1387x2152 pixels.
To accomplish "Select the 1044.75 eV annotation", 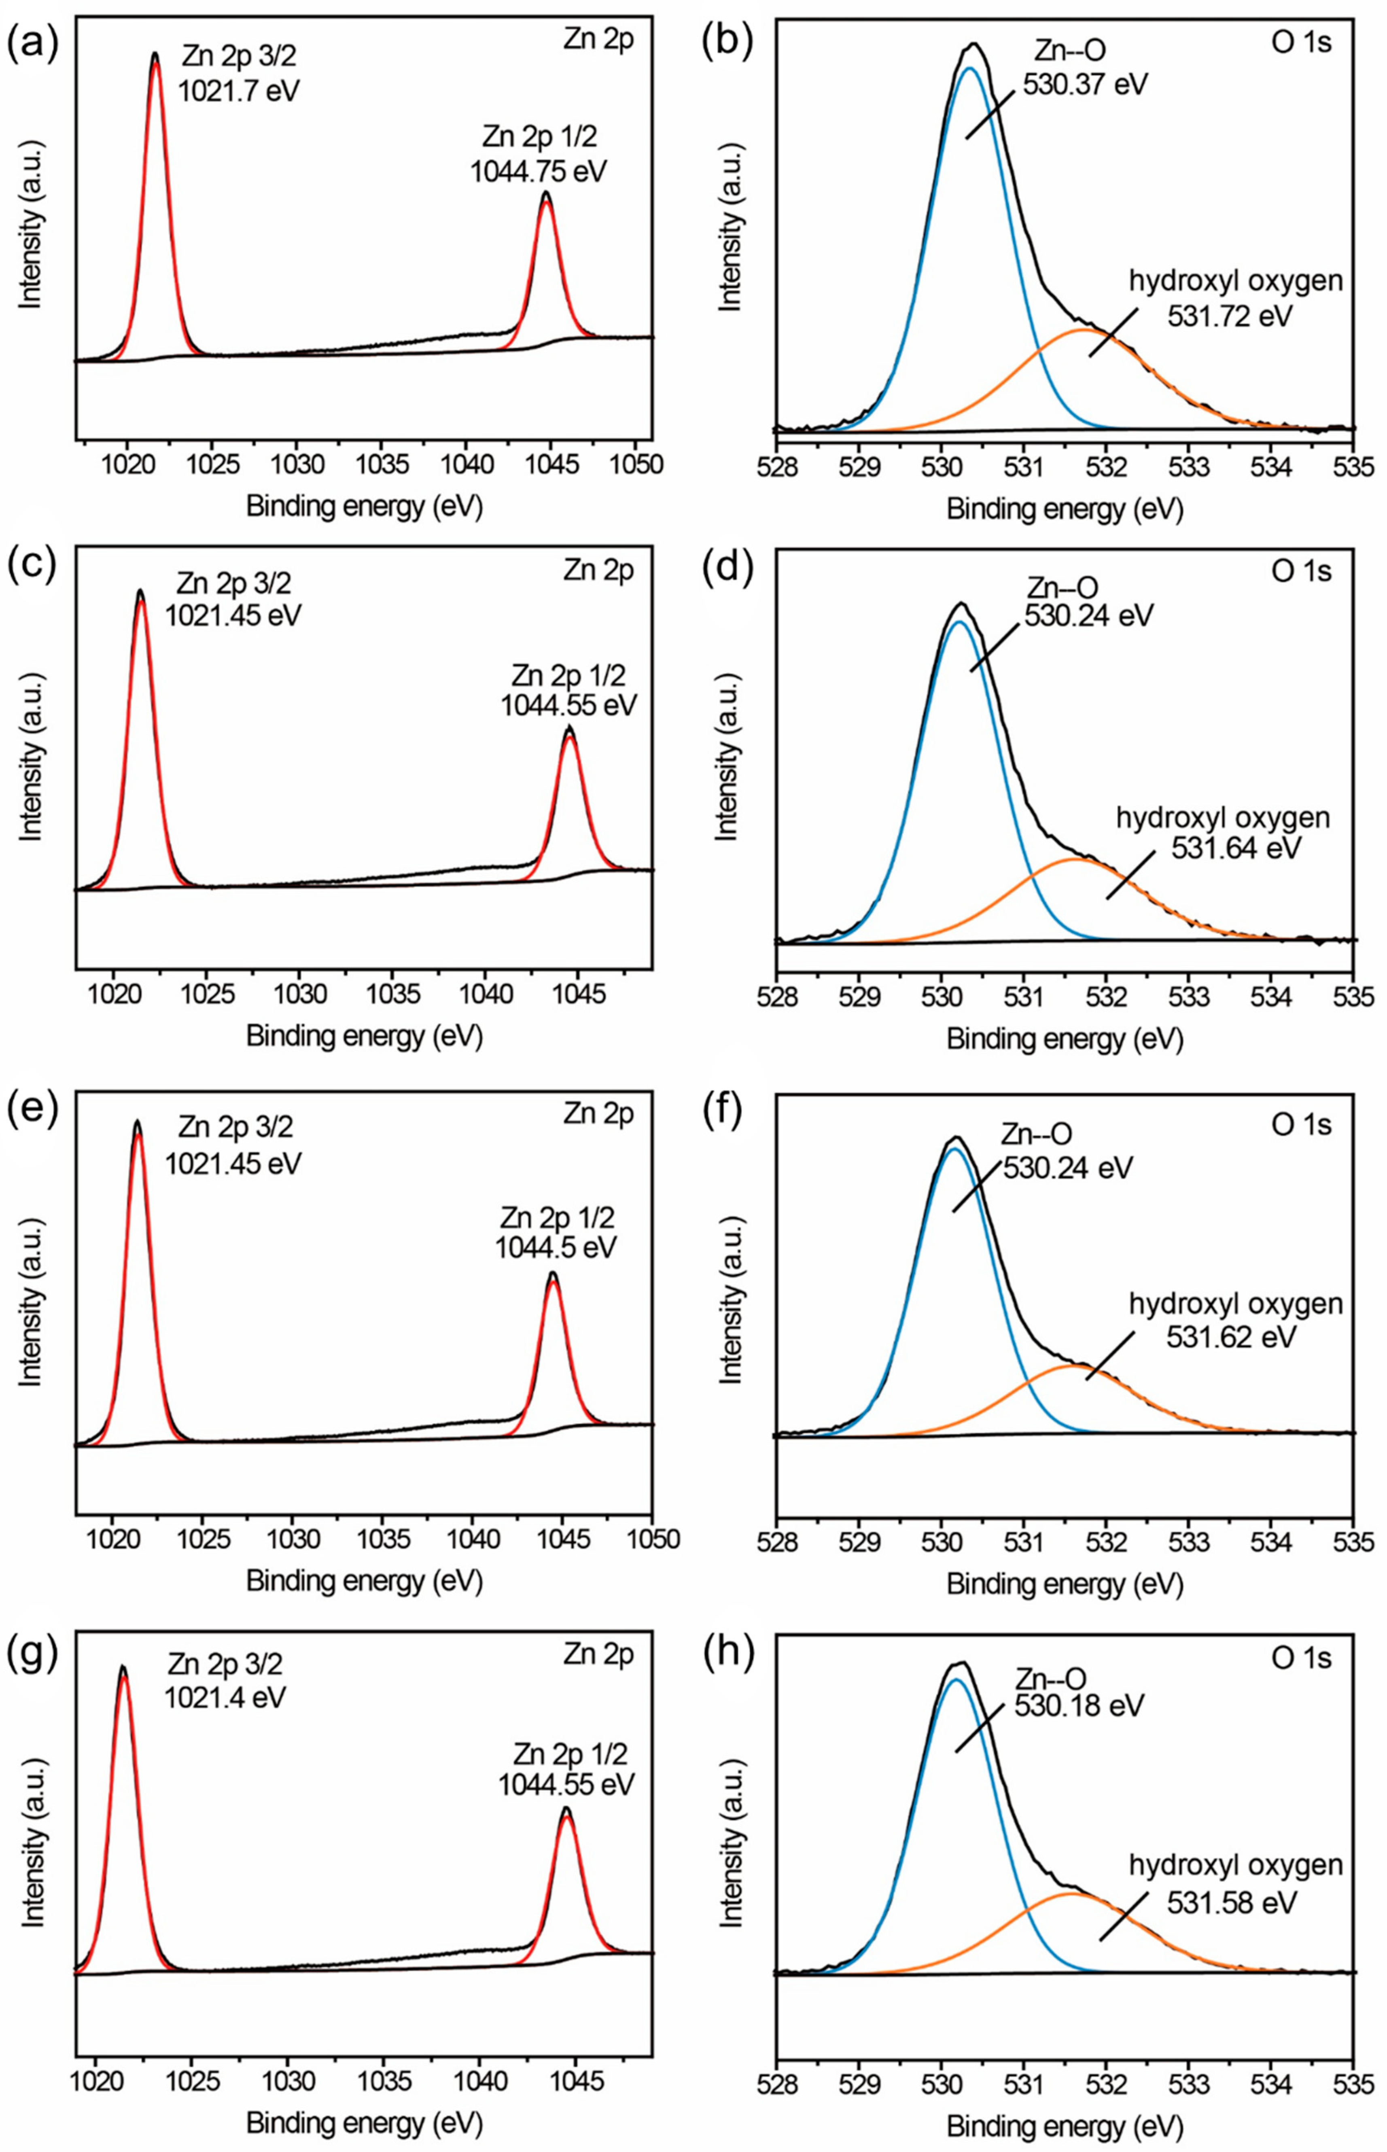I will point(538,171).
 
